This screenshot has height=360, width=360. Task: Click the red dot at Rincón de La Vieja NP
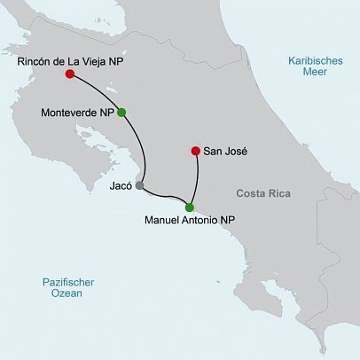pos(68,74)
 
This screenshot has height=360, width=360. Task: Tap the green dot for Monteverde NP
pos(121,112)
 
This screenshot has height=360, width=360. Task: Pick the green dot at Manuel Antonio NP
pos(189,207)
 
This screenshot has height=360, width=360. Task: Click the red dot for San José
pos(195,151)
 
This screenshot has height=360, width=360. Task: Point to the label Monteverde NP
pos(77,113)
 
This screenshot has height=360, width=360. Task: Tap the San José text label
pos(225,152)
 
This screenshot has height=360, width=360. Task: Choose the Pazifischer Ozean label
pos(68,288)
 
